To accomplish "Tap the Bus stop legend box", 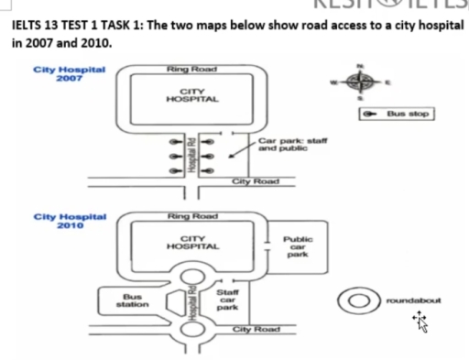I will tap(396, 115).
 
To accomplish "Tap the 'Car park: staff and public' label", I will tap(291, 143).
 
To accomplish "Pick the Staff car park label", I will tap(227, 300).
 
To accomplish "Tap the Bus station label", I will tap(133, 300).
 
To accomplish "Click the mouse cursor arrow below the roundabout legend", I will tap(422, 321).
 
